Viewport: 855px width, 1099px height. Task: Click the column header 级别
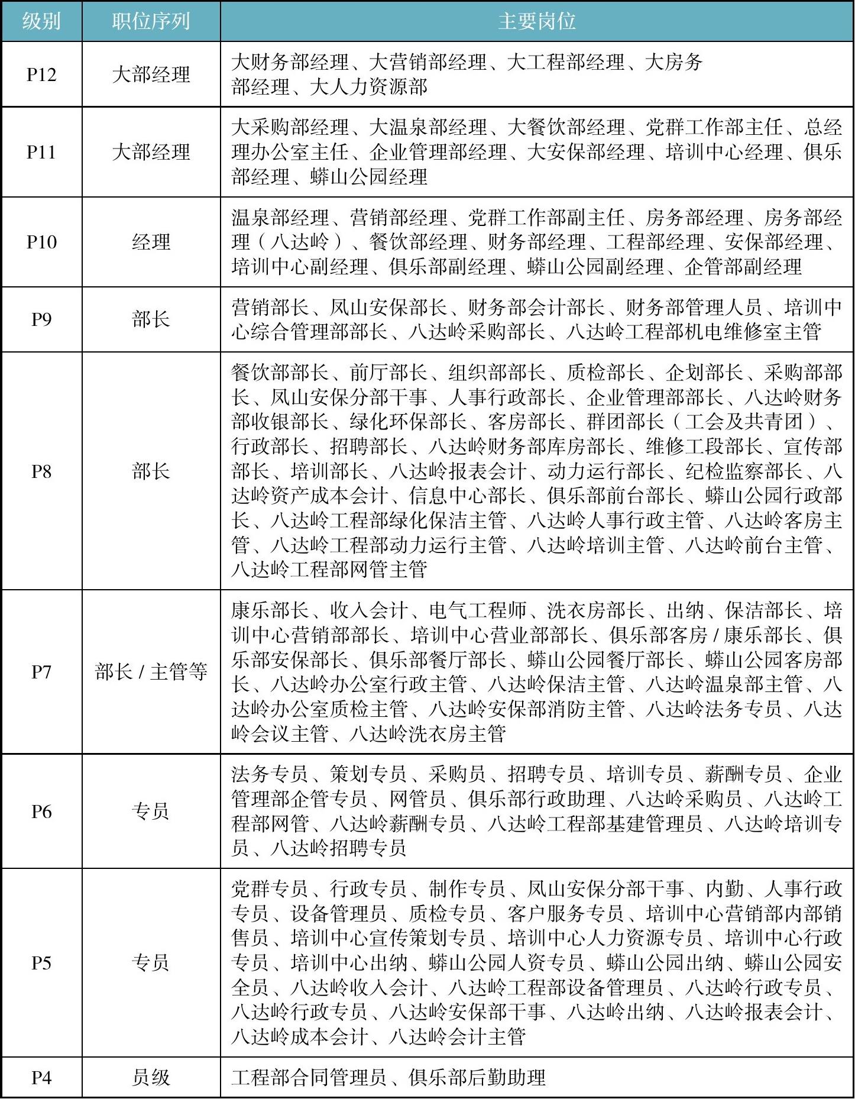tap(41, 21)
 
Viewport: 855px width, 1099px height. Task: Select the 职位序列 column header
tap(151, 21)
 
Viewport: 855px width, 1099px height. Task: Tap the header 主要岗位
tap(536, 21)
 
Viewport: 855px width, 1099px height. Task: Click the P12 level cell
tap(41, 75)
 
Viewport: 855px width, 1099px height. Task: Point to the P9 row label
tap(41, 319)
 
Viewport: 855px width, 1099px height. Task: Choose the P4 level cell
tap(41, 1078)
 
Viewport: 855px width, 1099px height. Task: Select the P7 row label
tap(41, 672)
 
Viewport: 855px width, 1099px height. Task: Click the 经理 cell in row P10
tap(151, 242)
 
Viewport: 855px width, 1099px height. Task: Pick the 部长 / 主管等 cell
tap(151, 672)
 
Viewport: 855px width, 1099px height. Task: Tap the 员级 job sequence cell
tap(151, 1078)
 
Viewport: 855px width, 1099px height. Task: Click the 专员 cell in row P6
tap(151, 812)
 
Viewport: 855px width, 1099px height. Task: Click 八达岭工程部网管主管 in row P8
tap(329, 570)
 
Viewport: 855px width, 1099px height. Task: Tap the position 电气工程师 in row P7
tap(477, 610)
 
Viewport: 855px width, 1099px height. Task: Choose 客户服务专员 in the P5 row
tap(565, 913)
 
